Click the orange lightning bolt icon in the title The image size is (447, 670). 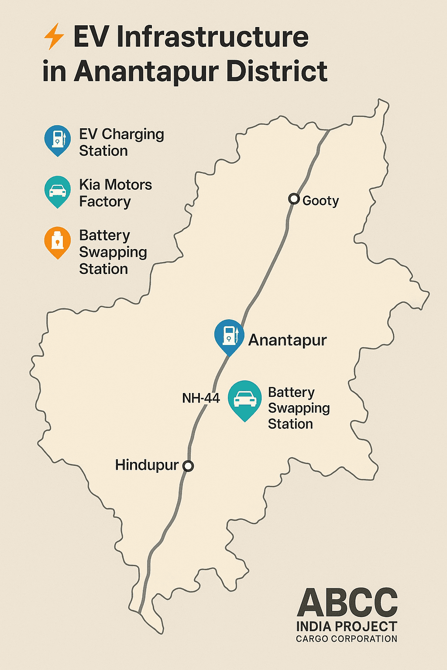54,37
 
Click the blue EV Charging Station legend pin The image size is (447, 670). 58,140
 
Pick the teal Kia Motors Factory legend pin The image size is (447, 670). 58,191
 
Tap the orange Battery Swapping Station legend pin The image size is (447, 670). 58,241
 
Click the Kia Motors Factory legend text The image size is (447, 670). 115,193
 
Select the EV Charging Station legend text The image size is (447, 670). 121,142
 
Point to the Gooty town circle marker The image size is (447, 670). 294,199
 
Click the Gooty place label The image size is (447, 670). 320,201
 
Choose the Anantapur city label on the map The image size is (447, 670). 287,340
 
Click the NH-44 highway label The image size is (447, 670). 201,398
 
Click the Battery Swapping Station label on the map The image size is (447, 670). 299,408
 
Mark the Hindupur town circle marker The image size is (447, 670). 188,466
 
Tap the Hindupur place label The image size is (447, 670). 147,465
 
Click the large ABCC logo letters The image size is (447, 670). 347,603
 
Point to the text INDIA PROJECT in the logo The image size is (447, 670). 347,627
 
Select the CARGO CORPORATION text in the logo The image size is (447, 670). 347,639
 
